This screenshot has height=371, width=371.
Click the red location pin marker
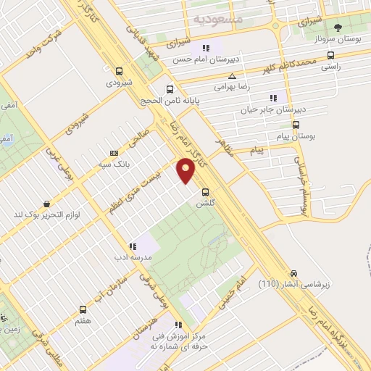point(186,170)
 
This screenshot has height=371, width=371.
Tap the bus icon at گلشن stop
point(207,193)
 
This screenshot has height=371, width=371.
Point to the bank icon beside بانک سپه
point(114,153)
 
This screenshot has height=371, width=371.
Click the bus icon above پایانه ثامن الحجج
point(170,90)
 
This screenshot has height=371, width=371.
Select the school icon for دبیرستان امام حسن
point(207,49)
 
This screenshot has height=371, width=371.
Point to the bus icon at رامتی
point(331,55)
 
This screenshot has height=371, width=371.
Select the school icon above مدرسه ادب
point(133,246)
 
